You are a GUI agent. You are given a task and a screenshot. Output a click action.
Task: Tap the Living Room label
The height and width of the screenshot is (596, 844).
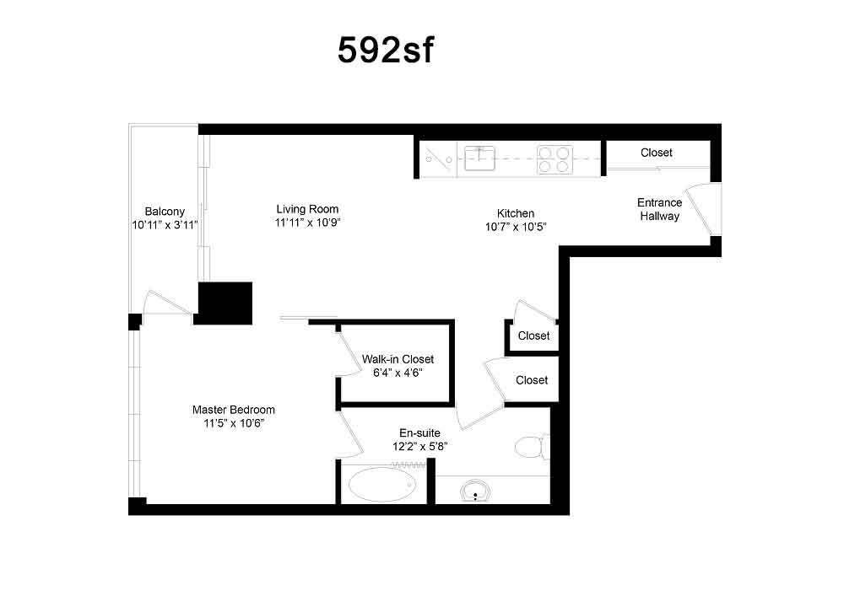coord(307,209)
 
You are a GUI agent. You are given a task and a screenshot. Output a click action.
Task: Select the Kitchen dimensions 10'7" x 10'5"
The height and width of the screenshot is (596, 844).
coord(516,227)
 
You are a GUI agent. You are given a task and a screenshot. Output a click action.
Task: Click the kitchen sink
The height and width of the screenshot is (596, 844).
coord(479,158)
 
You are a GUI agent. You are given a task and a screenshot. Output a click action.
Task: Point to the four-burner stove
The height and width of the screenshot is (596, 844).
coord(555,159)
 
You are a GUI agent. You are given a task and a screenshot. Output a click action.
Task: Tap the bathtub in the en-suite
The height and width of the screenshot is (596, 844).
coord(382,484)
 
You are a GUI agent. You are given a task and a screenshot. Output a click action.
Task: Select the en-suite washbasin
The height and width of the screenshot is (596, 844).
coord(475,491)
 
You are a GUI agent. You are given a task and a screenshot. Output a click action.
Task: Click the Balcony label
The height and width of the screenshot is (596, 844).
coord(165,212)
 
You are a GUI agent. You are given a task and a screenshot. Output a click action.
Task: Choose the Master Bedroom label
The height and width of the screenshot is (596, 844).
coord(234,410)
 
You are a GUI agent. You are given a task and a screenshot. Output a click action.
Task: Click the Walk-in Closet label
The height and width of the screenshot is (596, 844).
coord(398,359)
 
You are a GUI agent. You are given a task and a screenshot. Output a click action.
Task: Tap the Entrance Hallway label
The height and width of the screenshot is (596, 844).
coord(659,209)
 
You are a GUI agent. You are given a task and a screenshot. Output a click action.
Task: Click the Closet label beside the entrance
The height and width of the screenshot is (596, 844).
coord(656,153)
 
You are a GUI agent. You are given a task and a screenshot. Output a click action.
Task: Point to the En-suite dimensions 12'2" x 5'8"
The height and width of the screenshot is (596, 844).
coord(419,446)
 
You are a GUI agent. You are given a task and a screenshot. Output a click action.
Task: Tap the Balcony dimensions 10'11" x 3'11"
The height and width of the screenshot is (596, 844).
coord(165,224)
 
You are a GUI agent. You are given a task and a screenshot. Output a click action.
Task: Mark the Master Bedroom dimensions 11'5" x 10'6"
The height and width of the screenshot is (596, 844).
coord(234,423)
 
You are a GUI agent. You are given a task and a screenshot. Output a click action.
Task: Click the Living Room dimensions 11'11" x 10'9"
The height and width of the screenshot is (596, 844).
coord(307,223)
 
